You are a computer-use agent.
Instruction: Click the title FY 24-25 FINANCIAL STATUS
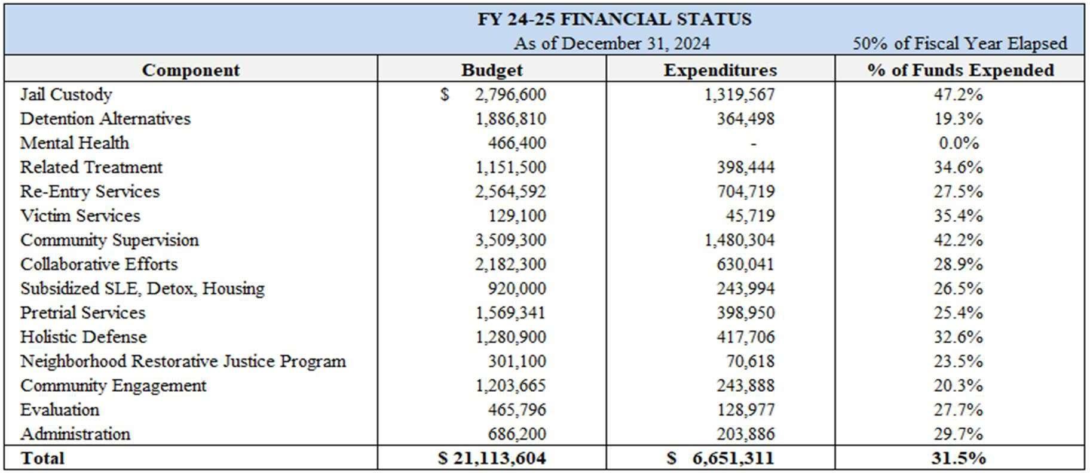614,19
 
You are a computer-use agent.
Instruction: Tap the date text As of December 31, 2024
611,44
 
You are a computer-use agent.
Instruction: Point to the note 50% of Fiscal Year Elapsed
959,44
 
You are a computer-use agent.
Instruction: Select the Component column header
191,70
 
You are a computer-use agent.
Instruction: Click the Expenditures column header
720,70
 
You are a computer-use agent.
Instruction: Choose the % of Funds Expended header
960,70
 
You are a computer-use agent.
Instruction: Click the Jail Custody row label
66,94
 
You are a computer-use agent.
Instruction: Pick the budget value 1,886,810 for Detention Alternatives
510,119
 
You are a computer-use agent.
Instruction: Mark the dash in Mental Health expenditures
753,143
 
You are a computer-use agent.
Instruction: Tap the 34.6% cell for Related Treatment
958,167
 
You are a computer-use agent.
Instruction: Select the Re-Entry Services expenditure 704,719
745,192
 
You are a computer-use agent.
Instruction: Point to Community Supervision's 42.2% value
958,240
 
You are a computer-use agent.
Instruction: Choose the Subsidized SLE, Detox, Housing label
142,288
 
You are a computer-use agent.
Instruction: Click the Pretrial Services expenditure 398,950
745,313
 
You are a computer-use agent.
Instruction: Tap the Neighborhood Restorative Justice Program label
183,361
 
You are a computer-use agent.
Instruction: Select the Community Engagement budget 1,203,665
510,386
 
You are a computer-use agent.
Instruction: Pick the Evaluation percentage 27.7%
958,410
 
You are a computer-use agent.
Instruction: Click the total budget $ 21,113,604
492,458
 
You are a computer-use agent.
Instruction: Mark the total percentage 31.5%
958,458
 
